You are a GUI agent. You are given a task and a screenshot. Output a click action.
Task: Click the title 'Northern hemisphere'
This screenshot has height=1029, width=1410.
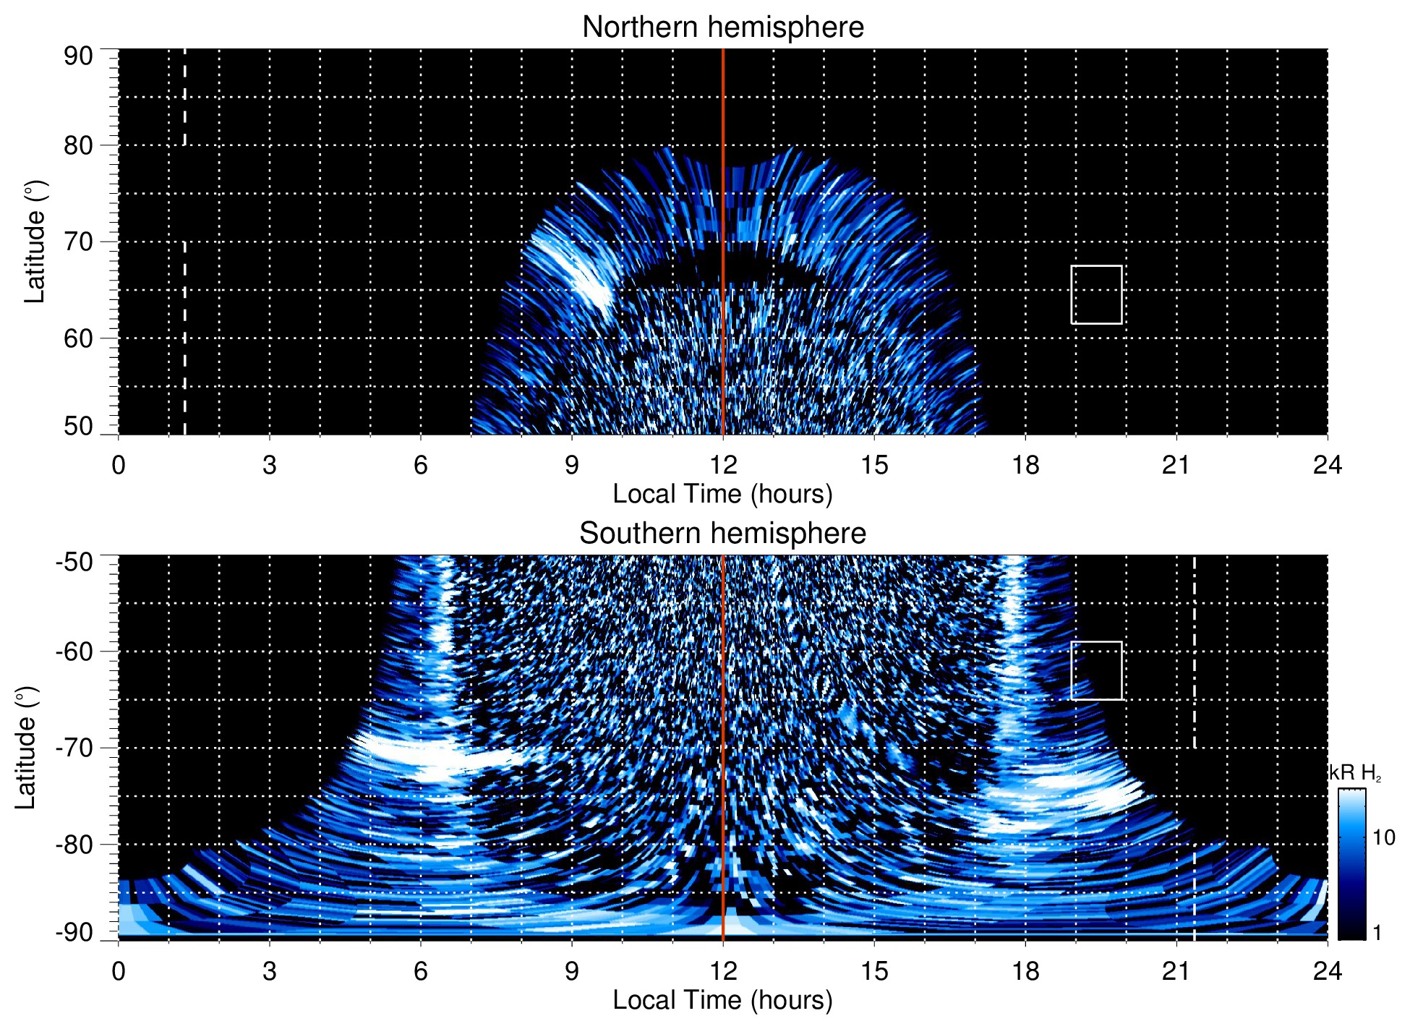pyautogui.click(x=722, y=27)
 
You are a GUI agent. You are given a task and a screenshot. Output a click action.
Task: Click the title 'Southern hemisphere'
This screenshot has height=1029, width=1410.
pyautogui.click(x=722, y=534)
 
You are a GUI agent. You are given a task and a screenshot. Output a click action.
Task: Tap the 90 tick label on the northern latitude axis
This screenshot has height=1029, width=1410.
pyautogui.click(x=78, y=56)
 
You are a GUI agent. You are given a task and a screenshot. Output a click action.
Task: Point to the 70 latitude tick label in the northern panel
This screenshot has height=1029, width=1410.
pyautogui.click(x=78, y=242)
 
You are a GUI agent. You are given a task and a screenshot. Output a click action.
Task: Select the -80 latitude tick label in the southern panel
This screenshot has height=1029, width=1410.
pyautogui.click(x=74, y=845)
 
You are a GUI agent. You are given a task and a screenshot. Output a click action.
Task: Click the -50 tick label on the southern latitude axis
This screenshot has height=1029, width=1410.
pyautogui.click(x=74, y=562)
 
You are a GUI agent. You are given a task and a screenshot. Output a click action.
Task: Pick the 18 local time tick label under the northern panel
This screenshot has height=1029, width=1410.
pyautogui.click(x=1025, y=465)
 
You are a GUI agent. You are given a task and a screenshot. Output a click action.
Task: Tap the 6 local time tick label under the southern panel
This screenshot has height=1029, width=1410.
pyautogui.click(x=420, y=971)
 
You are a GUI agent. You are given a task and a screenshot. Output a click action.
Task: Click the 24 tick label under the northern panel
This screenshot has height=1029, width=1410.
pyautogui.click(x=1327, y=465)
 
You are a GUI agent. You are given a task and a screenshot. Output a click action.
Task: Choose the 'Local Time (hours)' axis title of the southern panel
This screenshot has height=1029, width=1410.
pyautogui.click(x=722, y=1000)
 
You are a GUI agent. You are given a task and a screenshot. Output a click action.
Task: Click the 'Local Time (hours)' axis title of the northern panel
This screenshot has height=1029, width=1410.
pyautogui.click(x=722, y=494)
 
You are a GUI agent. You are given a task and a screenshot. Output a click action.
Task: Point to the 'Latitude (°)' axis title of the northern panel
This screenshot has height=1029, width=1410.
pyautogui.click(x=35, y=242)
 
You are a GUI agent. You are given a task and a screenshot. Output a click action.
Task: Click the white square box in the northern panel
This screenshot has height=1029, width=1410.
pyautogui.click(x=1096, y=295)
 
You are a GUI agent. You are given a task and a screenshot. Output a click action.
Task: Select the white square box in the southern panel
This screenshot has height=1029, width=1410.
pyautogui.click(x=1096, y=670)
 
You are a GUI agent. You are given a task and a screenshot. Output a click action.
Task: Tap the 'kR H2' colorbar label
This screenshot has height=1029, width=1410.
pyautogui.click(x=1354, y=773)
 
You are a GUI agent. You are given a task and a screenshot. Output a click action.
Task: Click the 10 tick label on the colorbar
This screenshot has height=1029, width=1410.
pyautogui.click(x=1383, y=837)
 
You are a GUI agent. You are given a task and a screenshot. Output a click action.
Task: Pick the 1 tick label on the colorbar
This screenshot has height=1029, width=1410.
pyautogui.click(x=1377, y=933)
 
